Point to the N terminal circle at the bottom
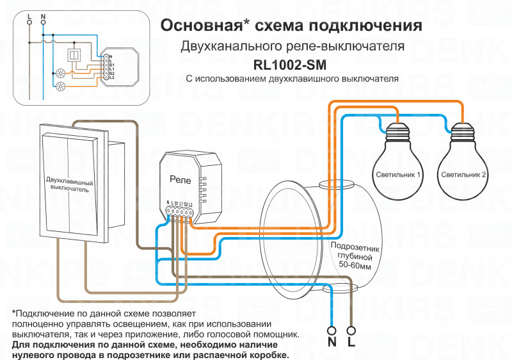pyautogui.click(x=332, y=331)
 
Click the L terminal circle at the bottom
pyautogui.click(x=351, y=331)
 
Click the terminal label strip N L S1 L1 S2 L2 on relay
pyautogui.click(x=179, y=204)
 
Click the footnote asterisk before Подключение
pyautogui.click(x=14, y=313)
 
